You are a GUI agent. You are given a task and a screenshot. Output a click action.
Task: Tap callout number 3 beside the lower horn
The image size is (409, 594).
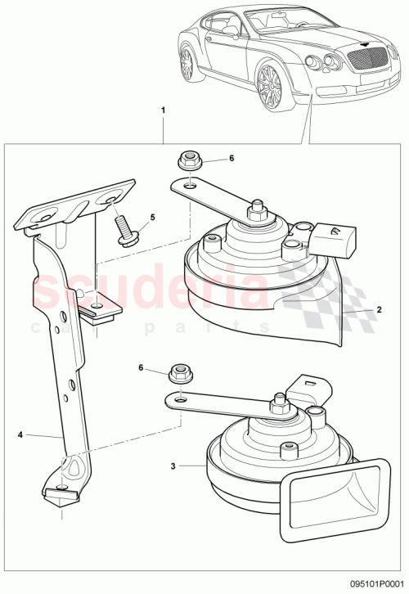(x=173, y=466)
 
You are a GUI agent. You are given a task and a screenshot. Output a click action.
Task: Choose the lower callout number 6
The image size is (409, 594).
(x=140, y=369)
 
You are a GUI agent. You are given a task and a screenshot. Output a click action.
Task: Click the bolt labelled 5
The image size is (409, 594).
(x=126, y=228)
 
